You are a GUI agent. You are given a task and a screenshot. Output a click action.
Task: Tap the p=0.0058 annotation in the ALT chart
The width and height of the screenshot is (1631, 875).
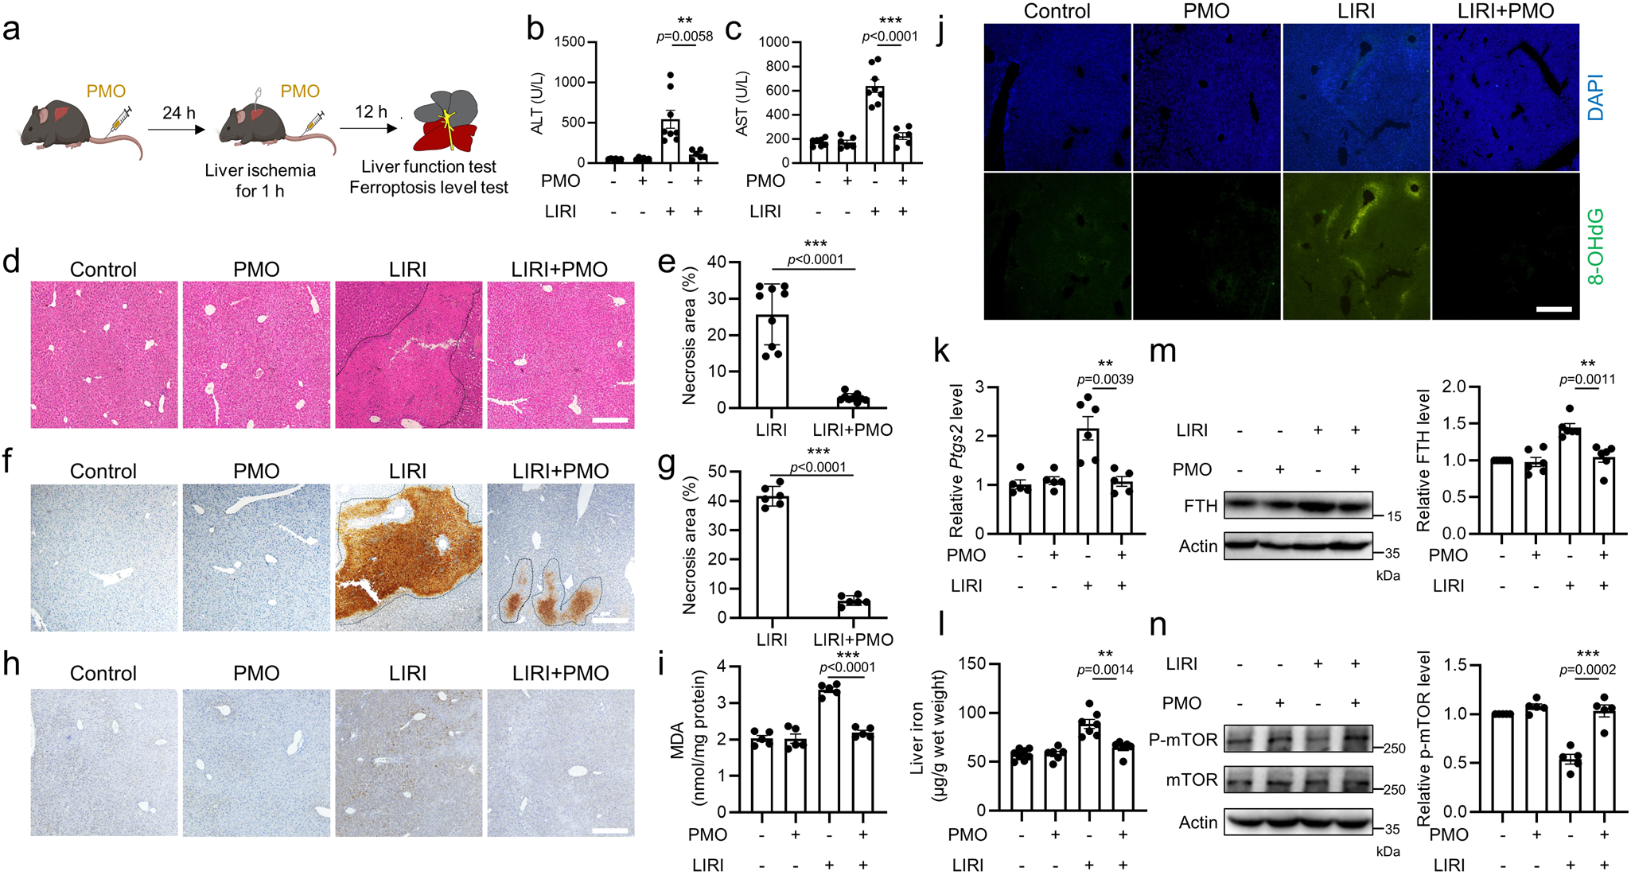tap(684, 37)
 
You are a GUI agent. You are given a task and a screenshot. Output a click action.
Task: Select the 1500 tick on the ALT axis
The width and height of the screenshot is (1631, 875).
tap(570, 41)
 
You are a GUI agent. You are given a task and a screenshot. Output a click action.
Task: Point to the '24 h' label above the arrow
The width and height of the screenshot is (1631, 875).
tap(178, 113)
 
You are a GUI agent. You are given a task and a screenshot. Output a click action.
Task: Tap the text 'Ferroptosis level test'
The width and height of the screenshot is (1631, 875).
tap(428, 188)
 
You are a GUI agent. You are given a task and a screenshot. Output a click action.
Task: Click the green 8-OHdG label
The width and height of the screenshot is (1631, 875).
tap(1594, 246)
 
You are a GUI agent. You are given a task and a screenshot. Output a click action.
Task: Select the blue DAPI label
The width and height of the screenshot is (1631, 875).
tap(1594, 97)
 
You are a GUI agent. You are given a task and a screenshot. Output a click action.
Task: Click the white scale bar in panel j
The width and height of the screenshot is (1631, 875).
tap(1554, 309)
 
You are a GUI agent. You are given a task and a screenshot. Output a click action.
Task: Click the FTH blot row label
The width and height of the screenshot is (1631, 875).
tap(1200, 506)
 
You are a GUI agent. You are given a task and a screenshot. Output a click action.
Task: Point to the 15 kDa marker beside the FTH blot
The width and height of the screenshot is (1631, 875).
tap(1394, 517)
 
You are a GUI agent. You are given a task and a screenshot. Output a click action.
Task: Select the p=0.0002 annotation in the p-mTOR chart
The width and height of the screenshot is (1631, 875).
tap(1586, 670)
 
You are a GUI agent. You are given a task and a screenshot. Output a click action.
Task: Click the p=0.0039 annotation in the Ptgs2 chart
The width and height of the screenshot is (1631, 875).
tap(1104, 379)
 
